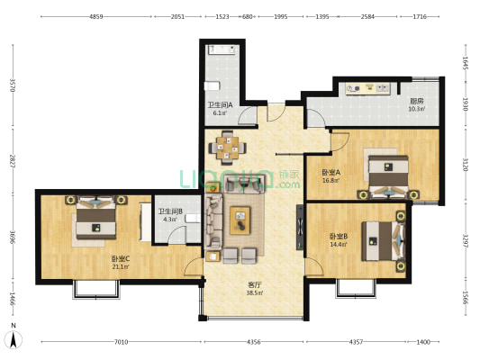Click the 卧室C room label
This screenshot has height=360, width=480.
click(121, 259)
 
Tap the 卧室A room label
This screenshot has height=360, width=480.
click(331, 173)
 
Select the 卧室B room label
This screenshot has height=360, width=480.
click(339, 237)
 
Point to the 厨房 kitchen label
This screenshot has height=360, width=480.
click(416, 101)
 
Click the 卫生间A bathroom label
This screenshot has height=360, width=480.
click(220, 105)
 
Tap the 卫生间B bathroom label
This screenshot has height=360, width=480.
click(170, 211)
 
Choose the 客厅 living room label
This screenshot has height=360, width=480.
click(254, 285)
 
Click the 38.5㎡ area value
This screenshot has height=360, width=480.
click(254, 293)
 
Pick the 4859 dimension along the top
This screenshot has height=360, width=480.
click(95, 17)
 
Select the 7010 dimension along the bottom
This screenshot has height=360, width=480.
click(121, 342)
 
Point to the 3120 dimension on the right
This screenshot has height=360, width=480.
click(465, 165)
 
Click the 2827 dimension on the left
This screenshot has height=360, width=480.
click(13, 162)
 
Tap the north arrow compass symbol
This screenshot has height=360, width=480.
click(14, 339)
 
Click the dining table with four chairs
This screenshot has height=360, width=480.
click(228, 148)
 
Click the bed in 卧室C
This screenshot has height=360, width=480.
click(96, 218)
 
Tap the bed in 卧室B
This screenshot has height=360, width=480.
click(384, 241)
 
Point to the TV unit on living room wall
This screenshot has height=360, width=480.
click(300, 228)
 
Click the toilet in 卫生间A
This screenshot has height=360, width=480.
click(213, 85)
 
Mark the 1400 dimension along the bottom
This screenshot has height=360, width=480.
click(423, 342)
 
